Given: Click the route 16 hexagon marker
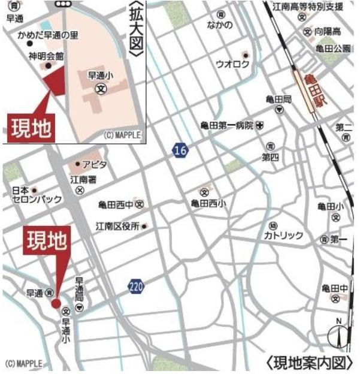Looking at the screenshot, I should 180,150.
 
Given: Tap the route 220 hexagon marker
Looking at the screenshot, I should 136,288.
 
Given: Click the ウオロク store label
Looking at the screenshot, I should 228,63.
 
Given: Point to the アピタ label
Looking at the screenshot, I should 94,164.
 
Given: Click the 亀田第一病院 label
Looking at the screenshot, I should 228,125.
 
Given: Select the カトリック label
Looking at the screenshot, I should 283,236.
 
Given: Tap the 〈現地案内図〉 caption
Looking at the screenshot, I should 310,363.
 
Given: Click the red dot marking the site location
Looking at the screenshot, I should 56,303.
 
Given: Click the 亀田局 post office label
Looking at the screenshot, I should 279,99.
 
